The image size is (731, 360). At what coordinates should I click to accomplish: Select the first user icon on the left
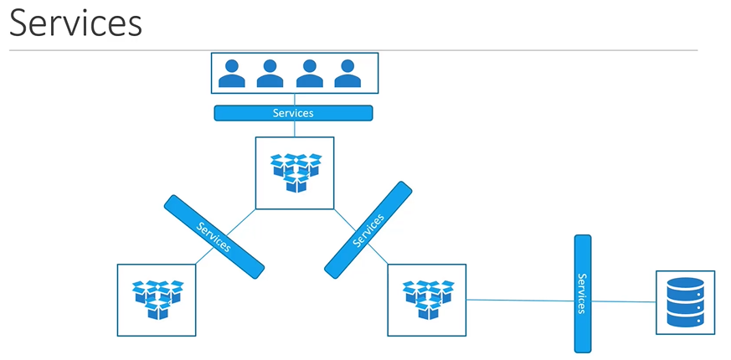pos(232,74)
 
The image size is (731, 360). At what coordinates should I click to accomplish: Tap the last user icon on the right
pos(347,74)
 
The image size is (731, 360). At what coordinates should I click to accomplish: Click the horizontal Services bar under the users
pos(293,113)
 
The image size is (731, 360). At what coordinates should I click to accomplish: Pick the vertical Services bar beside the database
pos(583,293)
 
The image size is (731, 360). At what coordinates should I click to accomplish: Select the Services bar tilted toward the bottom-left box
pos(214,237)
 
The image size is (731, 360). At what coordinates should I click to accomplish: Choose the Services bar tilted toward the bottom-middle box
pos(368,229)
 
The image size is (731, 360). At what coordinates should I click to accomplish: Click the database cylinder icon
pos(685,302)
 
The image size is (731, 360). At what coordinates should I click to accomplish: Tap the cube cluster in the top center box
pos(294,172)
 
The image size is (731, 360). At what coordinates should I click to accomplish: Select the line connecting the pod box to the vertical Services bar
pos(519,300)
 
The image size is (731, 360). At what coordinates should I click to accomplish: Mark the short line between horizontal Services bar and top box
pos(294,129)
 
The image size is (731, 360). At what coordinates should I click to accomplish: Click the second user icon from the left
pos(270,74)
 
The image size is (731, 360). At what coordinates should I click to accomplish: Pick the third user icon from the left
pos(309,74)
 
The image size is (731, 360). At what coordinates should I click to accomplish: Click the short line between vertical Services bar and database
pos(623,301)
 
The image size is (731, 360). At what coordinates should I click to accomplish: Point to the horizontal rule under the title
pos(352,50)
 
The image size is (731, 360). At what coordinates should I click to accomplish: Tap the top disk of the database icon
pos(685,285)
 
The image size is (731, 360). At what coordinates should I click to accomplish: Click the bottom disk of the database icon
pos(685,319)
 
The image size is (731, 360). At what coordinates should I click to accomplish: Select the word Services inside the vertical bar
pos(583,293)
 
